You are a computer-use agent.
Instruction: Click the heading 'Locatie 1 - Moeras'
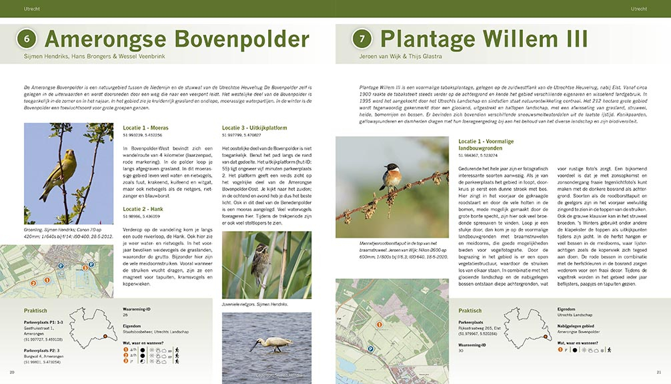145,127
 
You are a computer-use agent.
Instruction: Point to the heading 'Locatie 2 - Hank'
143,209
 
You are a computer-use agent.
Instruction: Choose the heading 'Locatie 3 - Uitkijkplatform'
254,127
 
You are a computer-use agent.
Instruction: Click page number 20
11,372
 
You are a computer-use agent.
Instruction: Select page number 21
658,372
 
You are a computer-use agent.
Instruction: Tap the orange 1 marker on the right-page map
379,325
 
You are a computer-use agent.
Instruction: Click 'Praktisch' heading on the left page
35,311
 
